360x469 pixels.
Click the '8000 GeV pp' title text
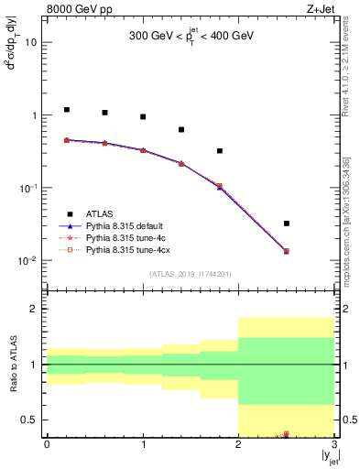pos(78,8)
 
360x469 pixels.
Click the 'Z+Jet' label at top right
pos(320,8)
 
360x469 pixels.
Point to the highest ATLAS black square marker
pos(67,110)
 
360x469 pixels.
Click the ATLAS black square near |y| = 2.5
pos(287,224)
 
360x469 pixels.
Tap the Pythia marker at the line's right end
pos(287,251)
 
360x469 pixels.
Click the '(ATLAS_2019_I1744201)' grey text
pos(191,274)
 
